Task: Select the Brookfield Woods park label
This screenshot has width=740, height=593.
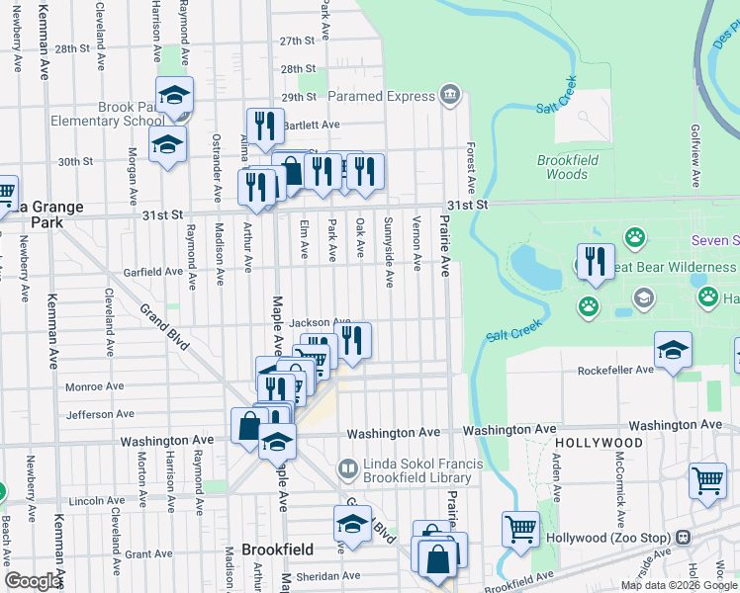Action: click(562, 167)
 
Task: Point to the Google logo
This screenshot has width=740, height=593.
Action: click(33, 581)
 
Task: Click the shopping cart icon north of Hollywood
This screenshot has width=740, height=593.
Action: click(708, 480)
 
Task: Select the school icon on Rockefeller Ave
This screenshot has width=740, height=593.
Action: click(673, 349)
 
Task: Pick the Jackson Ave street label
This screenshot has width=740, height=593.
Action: click(320, 322)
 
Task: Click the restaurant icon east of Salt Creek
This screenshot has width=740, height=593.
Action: click(594, 261)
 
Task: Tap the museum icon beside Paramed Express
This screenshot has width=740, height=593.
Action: click(450, 96)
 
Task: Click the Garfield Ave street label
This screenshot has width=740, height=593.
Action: click(152, 271)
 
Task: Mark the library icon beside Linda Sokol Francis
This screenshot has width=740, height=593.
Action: click(347, 466)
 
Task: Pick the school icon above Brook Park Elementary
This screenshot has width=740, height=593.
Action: click(174, 95)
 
